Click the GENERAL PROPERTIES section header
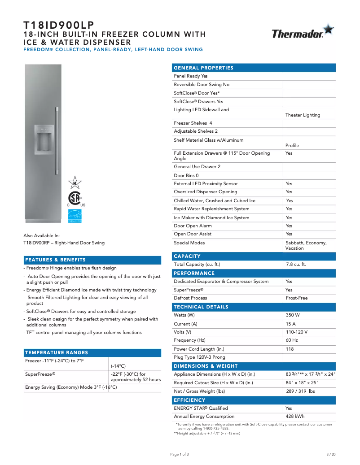(203, 68)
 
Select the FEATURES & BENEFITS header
(55, 260)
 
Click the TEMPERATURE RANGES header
(57, 352)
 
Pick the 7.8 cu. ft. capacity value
(296, 265)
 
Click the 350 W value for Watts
(293, 315)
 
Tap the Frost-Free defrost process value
(296, 298)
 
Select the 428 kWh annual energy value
(295, 417)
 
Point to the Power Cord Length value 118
(290, 349)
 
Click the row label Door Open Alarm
(193, 226)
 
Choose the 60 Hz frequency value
(292, 340)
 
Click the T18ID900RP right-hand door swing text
(64, 243)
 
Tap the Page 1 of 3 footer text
(180, 454)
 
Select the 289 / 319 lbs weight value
(300, 391)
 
